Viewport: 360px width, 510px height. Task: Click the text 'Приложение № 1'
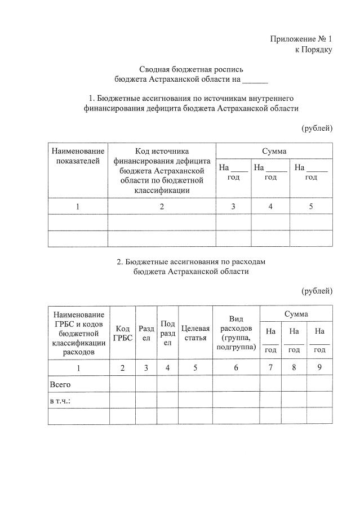301,39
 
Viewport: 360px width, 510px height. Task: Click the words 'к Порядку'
314,50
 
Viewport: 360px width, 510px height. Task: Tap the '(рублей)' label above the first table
317,128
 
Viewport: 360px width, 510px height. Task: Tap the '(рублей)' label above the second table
317,291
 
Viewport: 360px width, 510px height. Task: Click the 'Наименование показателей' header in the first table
78,156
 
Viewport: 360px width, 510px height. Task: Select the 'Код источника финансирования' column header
162,171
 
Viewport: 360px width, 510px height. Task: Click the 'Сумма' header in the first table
274,151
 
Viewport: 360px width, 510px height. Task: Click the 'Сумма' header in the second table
296,313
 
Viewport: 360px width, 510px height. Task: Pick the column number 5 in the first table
310,206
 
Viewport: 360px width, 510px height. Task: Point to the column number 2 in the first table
162,206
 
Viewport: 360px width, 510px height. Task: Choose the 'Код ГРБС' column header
123,333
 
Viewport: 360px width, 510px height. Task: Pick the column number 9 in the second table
319,368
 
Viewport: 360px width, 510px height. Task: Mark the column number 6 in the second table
236,368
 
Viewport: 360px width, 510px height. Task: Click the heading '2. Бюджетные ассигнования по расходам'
190,262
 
